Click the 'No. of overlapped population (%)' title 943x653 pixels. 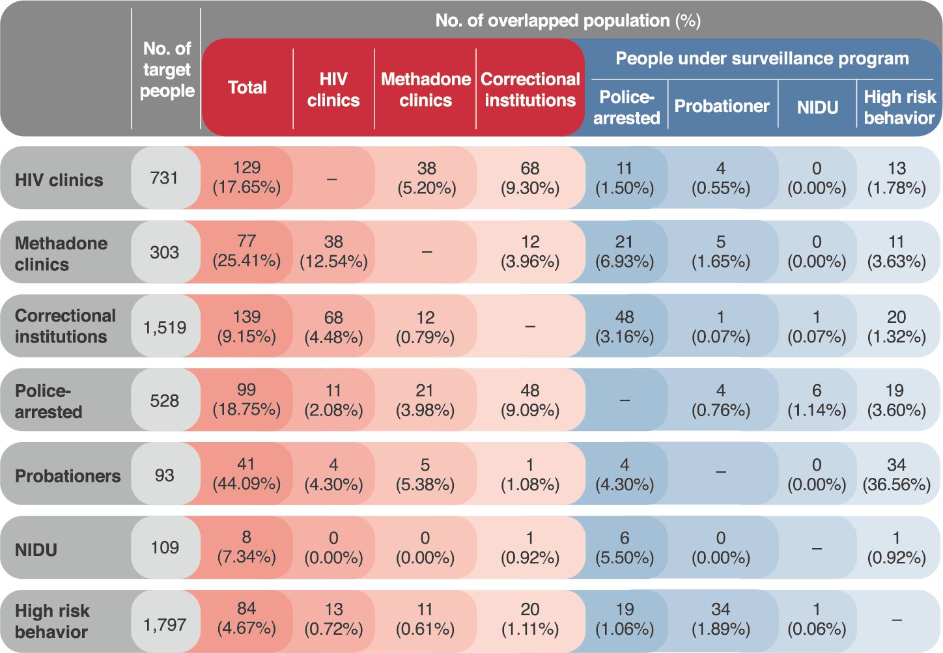[x=568, y=21]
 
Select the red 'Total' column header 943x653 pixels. [x=247, y=87]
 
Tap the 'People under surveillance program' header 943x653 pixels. [x=762, y=59]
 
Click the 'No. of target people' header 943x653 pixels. [x=167, y=70]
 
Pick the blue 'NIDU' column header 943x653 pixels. [x=817, y=107]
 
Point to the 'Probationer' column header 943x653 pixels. [x=722, y=106]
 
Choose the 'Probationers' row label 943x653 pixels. [x=68, y=476]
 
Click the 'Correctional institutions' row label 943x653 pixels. [x=65, y=326]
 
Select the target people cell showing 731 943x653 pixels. [x=164, y=178]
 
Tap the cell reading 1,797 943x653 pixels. [x=165, y=625]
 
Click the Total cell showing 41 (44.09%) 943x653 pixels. [x=247, y=474]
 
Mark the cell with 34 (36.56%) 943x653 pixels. [x=896, y=475]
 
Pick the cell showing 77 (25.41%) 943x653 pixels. [x=247, y=251]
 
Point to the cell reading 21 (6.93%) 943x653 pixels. [x=625, y=251]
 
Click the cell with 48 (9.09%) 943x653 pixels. [x=530, y=400]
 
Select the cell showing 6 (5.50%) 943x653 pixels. [x=625, y=548]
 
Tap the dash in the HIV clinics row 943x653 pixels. [x=331, y=179]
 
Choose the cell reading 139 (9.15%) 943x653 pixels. [x=247, y=326]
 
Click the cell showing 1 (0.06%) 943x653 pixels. [x=817, y=619]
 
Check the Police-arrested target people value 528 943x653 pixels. [x=164, y=400]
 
